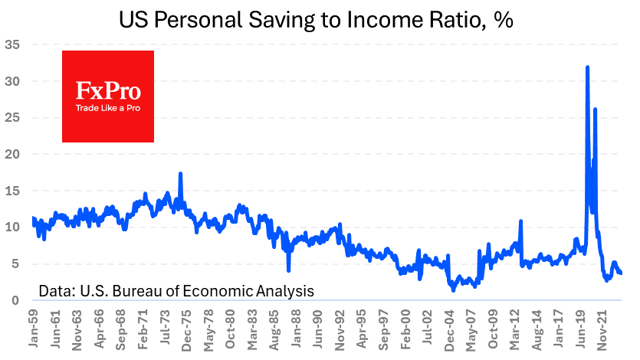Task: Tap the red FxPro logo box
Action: click(x=108, y=97)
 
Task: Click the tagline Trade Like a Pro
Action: click(x=108, y=109)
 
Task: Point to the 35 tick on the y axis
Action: click(x=12, y=44)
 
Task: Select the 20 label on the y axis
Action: click(x=12, y=154)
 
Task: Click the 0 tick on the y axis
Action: click(x=16, y=300)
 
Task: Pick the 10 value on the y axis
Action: click(x=12, y=227)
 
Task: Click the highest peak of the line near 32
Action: click(x=587, y=67)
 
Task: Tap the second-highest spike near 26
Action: click(x=596, y=110)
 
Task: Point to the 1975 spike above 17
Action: click(x=180, y=174)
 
